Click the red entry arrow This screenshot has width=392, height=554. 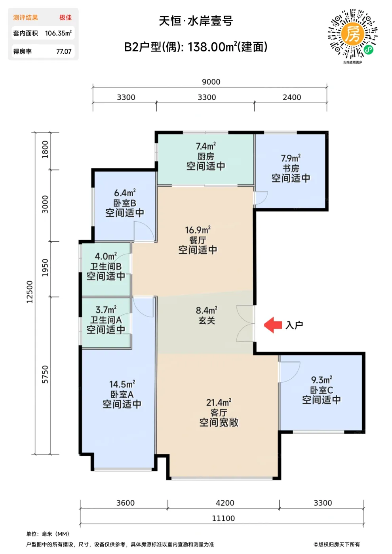(273, 325)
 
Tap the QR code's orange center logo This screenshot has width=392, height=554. (352, 34)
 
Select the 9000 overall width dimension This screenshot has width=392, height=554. (211, 82)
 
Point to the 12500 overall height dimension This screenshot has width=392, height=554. (30, 292)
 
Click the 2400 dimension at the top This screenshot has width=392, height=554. (292, 97)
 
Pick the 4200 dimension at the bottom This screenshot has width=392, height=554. (225, 503)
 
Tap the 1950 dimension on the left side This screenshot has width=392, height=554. (45, 268)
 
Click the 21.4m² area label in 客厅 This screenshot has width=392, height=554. (219, 402)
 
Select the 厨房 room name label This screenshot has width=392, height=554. (206, 156)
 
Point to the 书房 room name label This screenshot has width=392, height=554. (291, 169)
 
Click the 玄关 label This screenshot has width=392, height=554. (207, 321)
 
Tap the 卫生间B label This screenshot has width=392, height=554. (106, 266)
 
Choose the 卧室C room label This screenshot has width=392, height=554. (322, 390)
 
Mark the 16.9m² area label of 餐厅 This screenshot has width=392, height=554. (198, 230)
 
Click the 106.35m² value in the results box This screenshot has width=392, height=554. (59, 33)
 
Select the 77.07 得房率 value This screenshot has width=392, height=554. (64, 51)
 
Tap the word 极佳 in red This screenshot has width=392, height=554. (65, 17)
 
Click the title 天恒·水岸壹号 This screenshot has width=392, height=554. (196, 21)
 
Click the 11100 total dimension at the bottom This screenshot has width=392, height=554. (223, 518)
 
